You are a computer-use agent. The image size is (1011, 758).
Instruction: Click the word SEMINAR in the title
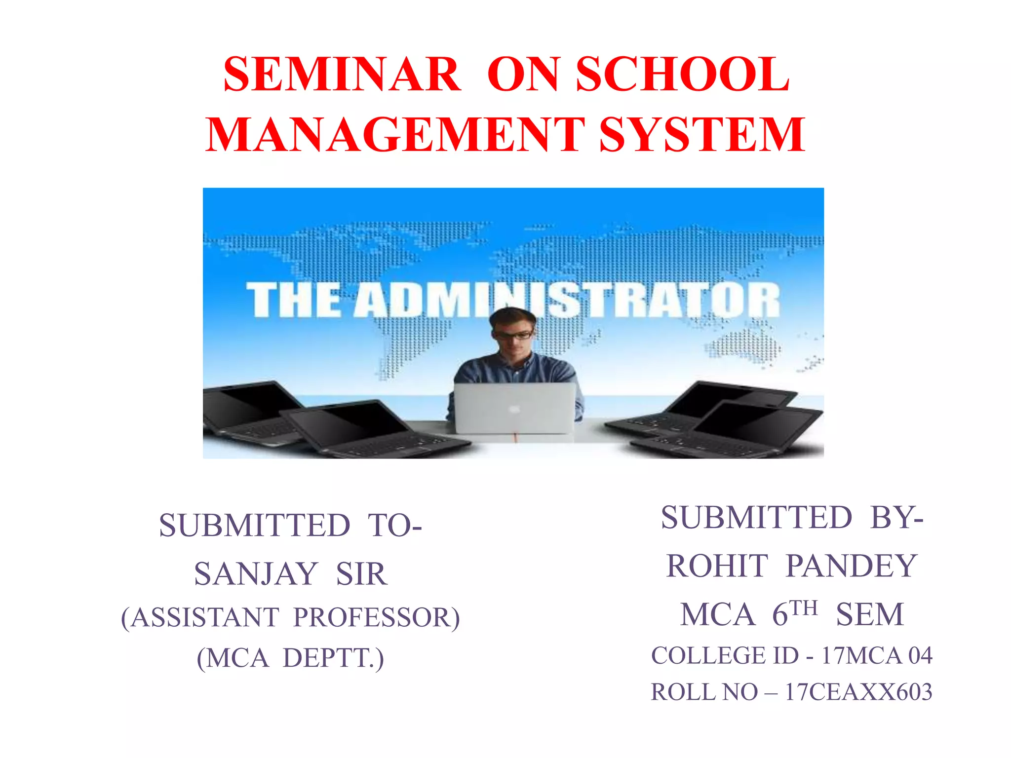(x=342, y=75)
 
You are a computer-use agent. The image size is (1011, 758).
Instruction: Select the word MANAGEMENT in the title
(x=395, y=135)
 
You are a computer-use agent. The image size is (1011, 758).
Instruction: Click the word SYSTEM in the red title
(x=702, y=135)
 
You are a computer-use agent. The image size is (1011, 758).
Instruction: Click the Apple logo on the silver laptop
(x=514, y=409)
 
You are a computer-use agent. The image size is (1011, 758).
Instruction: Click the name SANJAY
(x=256, y=574)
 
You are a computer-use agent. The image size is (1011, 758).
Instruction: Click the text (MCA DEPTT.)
(x=290, y=658)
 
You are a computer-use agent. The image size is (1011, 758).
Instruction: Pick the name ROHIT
(x=717, y=566)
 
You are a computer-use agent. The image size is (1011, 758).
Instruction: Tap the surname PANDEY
(x=852, y=566)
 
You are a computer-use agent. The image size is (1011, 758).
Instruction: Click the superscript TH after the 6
(x=804, y=608)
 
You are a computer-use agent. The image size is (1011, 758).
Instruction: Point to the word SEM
(x=870, y=615)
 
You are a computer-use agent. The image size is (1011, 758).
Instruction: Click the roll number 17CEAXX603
(x=858, y=692)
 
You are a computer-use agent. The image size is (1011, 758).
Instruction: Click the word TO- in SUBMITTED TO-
(x=395, y=525)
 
